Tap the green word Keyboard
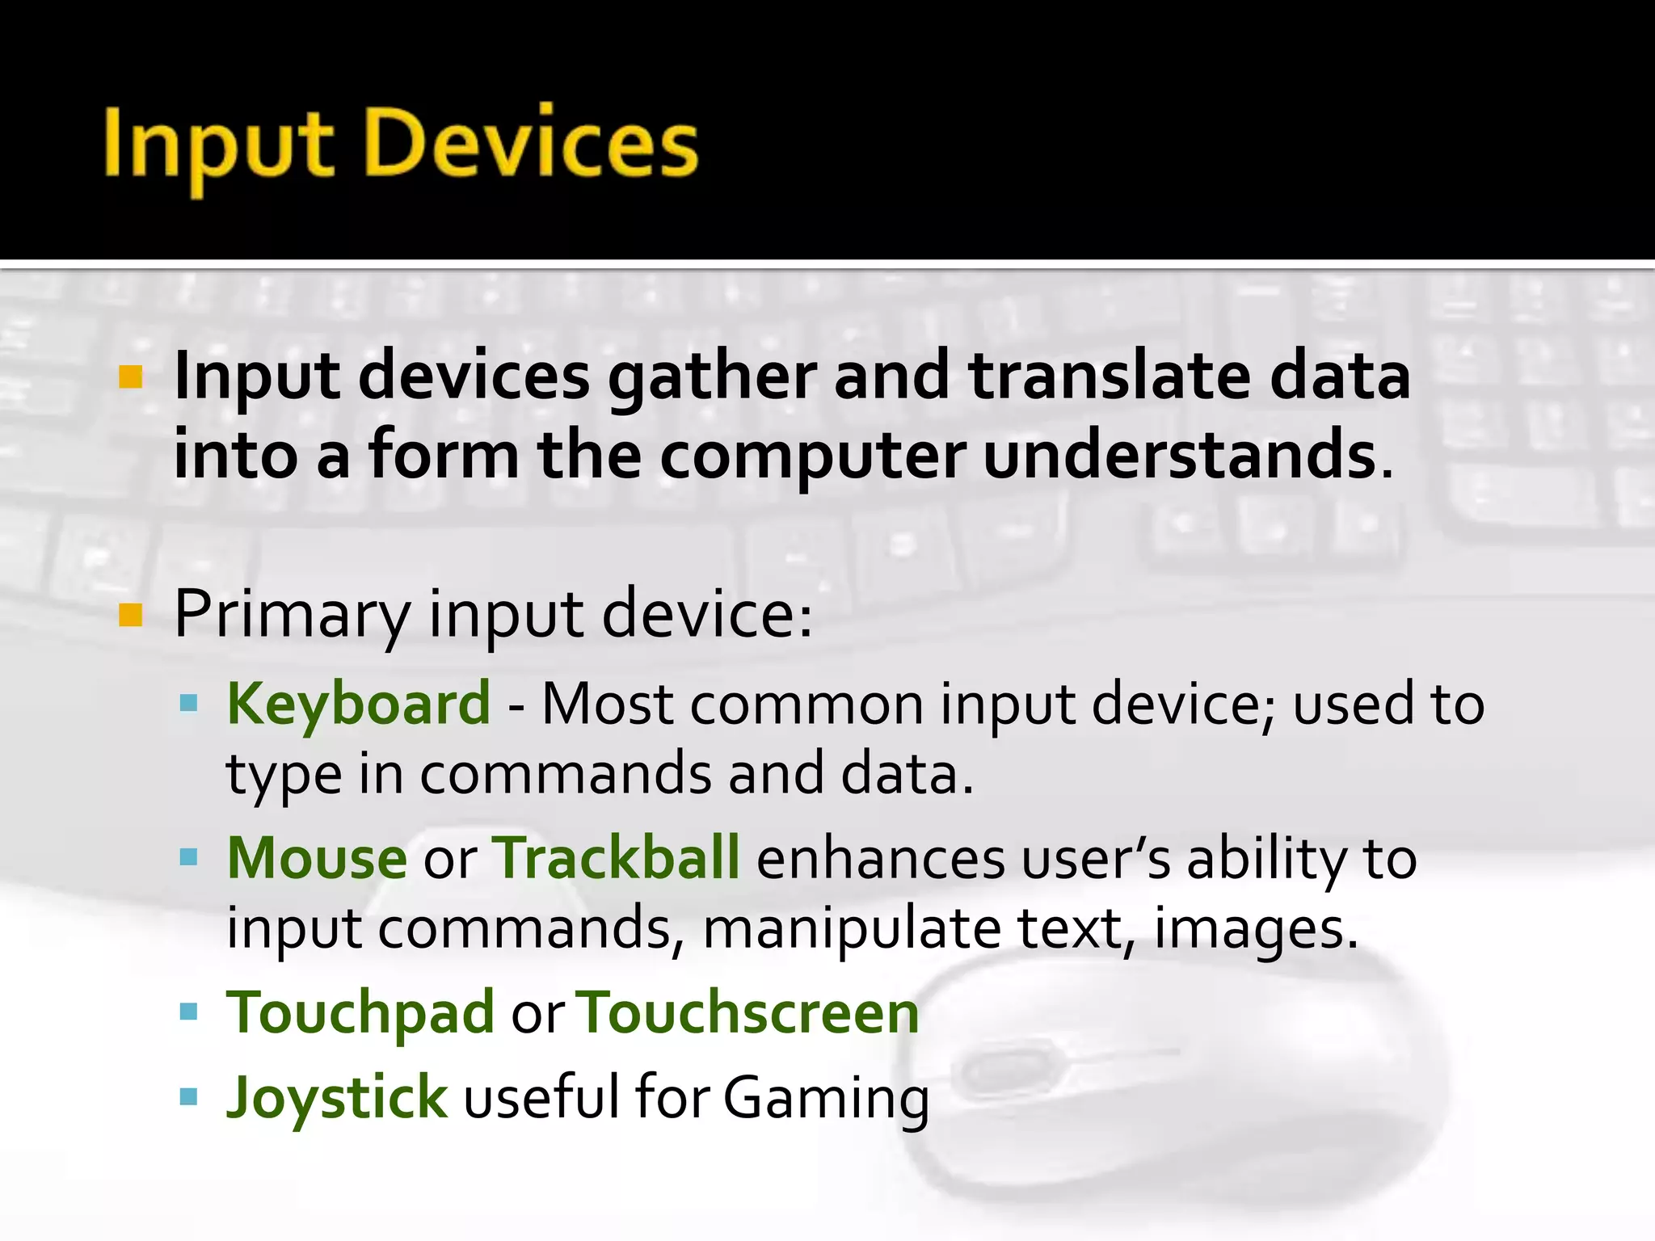coord(359,703)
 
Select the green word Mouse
coord(317,858)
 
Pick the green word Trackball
coord(616,858)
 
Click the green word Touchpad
coord(360,1013)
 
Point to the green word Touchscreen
coord(749,1013)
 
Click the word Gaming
coord(826,1099)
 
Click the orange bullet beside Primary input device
coord(130,616)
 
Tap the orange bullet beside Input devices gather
coord(130,377)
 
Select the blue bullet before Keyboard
coord(189,704)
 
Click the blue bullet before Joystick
coord(189,1096)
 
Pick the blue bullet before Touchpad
coord(189,1012)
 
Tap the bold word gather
coord(712,378)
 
